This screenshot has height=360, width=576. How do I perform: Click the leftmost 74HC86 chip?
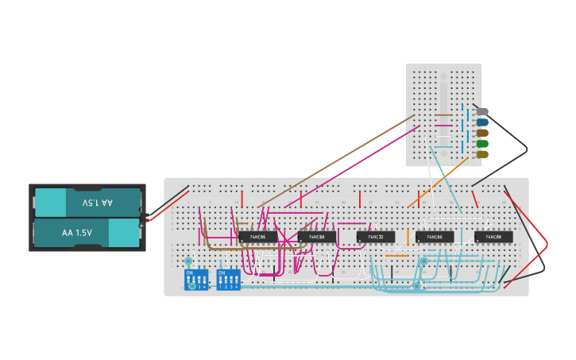coord(258,237)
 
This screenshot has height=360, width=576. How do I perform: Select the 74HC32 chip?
coord(376,237)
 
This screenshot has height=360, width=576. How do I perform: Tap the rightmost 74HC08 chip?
coord(493,237)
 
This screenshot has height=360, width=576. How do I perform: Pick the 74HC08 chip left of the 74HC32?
coord(317,237)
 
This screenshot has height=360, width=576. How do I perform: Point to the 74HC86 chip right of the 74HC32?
coord(435,237)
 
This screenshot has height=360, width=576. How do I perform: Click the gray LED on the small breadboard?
coord(481,112)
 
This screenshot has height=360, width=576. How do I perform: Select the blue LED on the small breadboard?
coord(481,122)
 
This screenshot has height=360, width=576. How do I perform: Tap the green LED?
coord(481,144)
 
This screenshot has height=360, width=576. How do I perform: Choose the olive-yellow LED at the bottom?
coord(481,154)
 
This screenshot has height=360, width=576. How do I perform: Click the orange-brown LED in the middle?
coord(481,133)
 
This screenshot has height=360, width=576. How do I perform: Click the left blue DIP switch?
coord(195,280)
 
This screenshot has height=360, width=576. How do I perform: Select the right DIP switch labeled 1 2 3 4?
coord(228,280)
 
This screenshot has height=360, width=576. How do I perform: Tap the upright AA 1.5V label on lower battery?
coord(77,233)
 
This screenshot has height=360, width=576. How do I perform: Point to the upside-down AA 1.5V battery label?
coord(97,203)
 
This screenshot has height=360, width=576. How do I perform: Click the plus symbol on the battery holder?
coord(141,226)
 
